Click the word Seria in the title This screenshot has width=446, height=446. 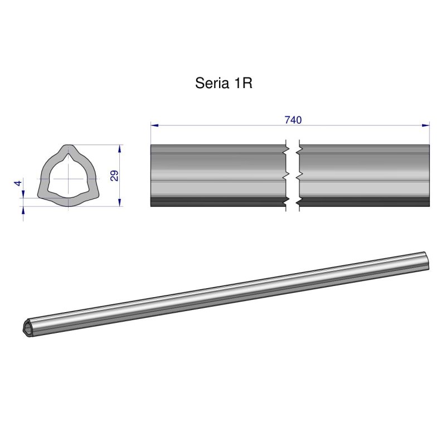pos(210,83)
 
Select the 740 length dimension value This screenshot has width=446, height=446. pos(293,120)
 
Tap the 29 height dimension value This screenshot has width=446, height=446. pos(114,176)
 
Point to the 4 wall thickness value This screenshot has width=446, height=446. pos(18,183)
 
